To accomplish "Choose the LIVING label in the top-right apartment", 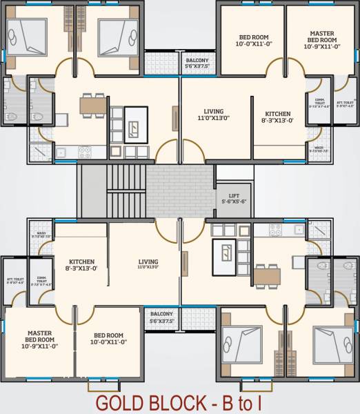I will (x=213, y=115).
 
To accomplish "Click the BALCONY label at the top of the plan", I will (x=198, y=63).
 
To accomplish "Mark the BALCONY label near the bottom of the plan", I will (x=161, y=317).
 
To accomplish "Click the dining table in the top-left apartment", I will (x=93, y=105).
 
